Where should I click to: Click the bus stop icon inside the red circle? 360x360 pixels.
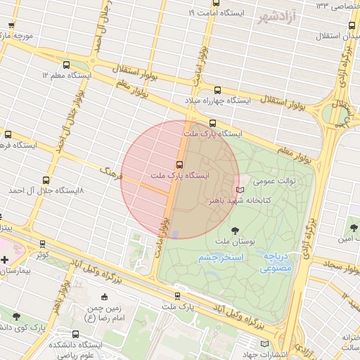[x=179, y=164]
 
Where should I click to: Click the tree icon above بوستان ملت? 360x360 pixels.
[x=235, y=230]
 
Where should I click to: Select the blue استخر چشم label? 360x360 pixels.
[x=221, y=258]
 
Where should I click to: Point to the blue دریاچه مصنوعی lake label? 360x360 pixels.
[x=277, y=263]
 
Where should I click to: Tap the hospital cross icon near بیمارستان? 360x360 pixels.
[x=5, y=260]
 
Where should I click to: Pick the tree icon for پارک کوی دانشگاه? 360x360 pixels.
[x=16, y=316]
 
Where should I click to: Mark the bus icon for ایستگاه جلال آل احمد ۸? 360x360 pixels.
[x=46, y=180]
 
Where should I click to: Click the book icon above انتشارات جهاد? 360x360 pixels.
[x=264, y=344]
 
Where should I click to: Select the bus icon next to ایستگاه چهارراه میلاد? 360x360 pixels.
[x=217, y=90]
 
